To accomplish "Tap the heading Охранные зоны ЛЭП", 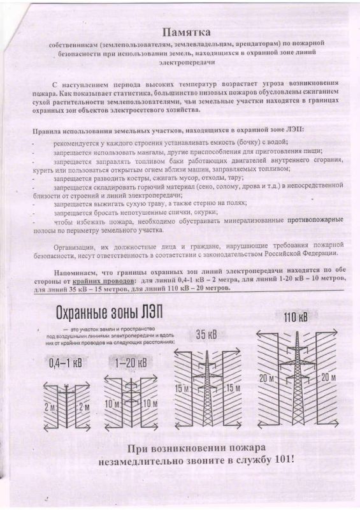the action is (x=109, y=313).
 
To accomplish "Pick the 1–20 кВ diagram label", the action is (x=130, y=363).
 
